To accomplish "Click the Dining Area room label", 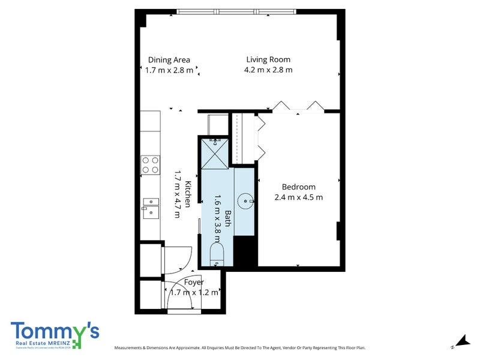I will tap(169, 59).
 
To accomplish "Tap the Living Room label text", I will tap(268, 59).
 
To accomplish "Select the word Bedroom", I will tap(298, 187).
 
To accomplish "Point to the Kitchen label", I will tap(188, 194).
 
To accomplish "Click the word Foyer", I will tap(194, 282).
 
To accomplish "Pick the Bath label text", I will tap(228, 218).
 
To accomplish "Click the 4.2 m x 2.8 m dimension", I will tap(268, 70).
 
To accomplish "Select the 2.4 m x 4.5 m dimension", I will tap(298, 197).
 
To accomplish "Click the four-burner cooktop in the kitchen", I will tap(150, 164).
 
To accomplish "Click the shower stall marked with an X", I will tap(215, 152).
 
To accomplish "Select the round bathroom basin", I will tap(245, 200).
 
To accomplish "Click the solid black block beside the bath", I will tap(245, 251).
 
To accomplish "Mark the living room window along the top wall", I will tap(236, 11).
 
